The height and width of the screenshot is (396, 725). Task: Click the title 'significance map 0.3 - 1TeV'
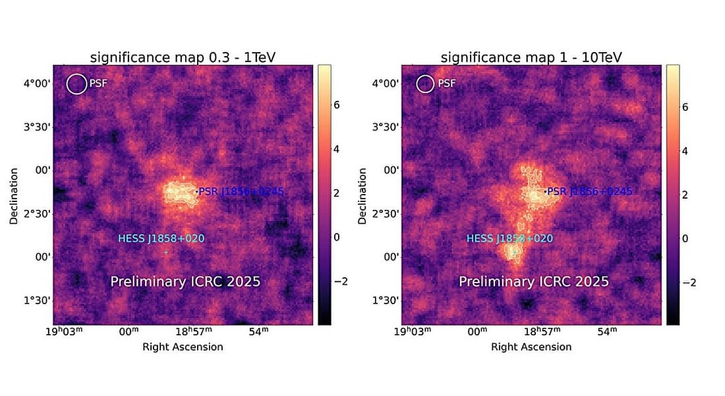coord(183,57)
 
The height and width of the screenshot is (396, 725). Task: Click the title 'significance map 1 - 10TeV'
coord(531,57)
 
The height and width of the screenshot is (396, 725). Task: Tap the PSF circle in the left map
coord(76,83)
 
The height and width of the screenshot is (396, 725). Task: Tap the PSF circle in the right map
coord(425,83)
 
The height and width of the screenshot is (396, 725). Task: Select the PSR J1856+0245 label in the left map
coord(241,191)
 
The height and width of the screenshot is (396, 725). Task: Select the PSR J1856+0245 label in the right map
coord(590,191)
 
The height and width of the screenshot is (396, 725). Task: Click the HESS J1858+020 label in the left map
coord(161,238)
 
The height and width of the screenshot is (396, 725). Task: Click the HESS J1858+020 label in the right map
coord(509,238)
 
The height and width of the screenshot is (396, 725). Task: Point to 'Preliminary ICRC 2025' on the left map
coord(185,282)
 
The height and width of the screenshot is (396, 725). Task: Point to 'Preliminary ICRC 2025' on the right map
coord(534,282)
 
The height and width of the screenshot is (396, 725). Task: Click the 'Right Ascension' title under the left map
coord(183,346)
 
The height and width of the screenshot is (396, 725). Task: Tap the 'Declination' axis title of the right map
coord(362,195)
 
